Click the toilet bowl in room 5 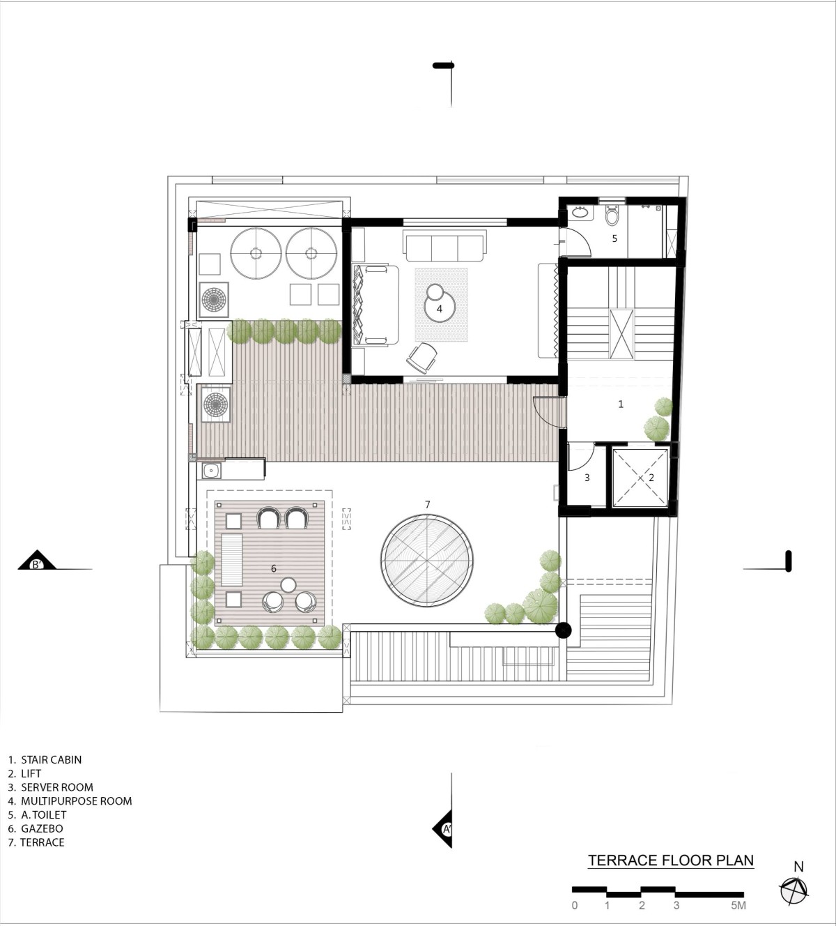click(x=612, y=215)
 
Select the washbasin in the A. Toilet click(x=579, y=213)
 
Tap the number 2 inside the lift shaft click(x=651, y=478)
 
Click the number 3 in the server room click(x=587, y=478)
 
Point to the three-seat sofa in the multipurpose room click(x=445, y=245)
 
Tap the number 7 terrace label click(x=428, y=505)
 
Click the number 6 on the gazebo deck click(x=274, y=569)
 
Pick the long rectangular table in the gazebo click(x=231, y=559)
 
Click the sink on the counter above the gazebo click(x=211, y=471)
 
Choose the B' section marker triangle click(x=37, y=561)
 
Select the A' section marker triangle click(x=442, y=829)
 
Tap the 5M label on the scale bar click(x=738, y=905)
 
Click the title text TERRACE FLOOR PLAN click(x=671, y=860)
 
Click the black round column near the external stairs click(x=563, y=630)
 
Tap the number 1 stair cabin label click(x=621, y=404)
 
